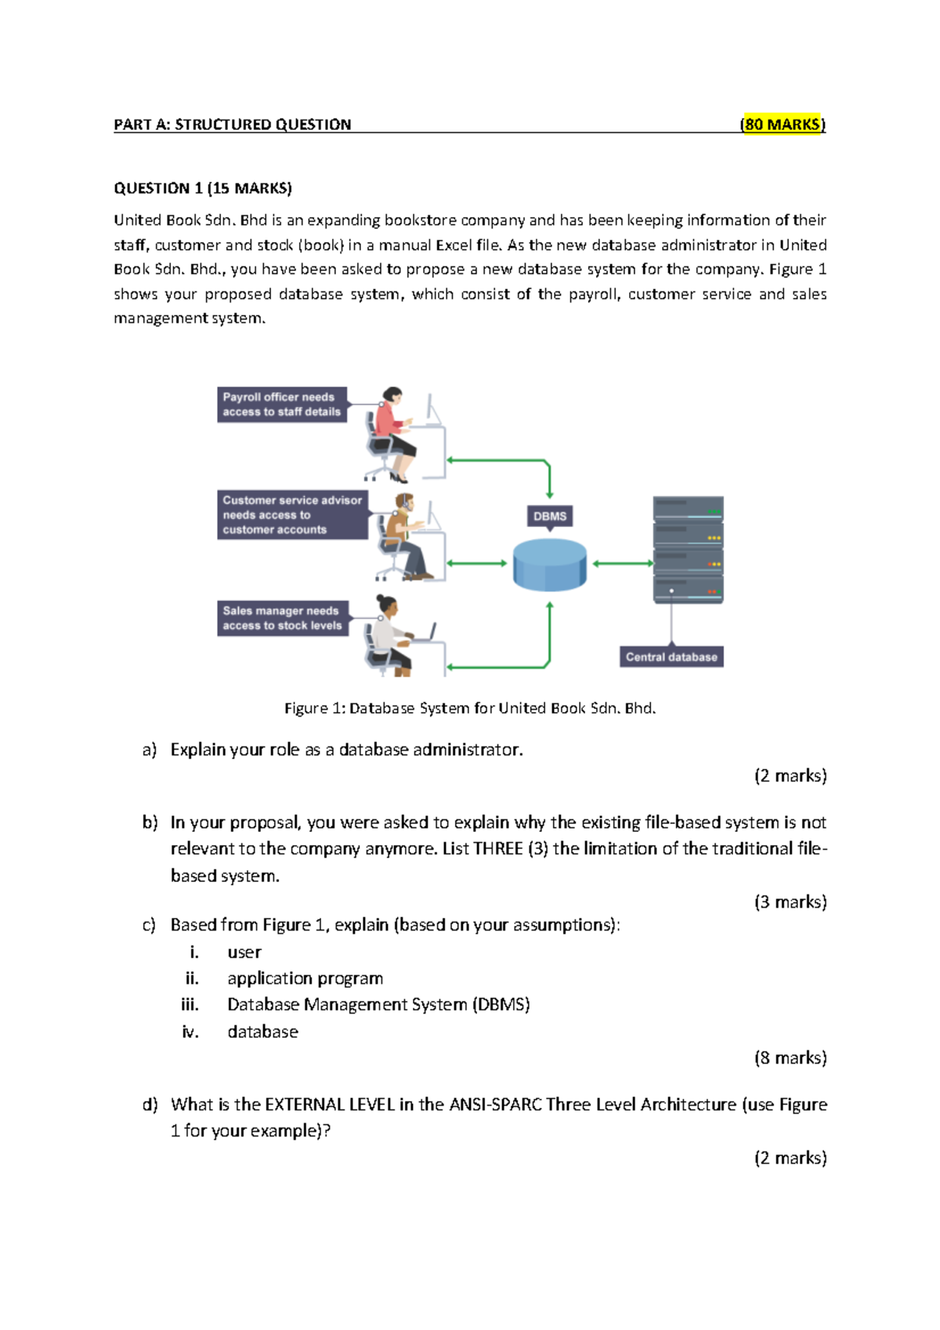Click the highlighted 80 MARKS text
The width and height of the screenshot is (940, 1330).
pyautogui.click(x=783, y=124)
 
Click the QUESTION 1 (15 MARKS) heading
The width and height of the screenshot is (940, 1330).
pyautogui.click(x=202, y=188)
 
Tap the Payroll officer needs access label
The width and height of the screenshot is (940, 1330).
pyautogui.click(x=281, y=404)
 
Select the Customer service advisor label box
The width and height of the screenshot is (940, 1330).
pyautogui.click(x=291, y=515)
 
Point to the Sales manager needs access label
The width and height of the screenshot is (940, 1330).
pyautogui.click(x=282, y=618)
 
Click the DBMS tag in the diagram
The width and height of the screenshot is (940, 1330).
pyautogui.click(x=549, y=516)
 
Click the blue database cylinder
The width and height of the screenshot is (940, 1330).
pyautogui.click(x=549, y=565)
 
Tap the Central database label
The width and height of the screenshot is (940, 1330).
pyautogui.click(x=671, y=657)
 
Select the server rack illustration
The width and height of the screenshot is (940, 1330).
pyautogui.click(x=688, y=549)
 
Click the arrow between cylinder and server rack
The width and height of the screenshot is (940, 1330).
pyautogui.click(x=623, y=563)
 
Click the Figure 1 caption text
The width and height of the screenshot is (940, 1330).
pyautogui.click(x=470, y=708)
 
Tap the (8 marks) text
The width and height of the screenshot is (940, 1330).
pyautogui.click(x=790, y=1057)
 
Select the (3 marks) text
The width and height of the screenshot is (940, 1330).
pyautogui.click(x=790, y=902)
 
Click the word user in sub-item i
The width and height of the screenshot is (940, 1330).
pyautogui.click(x=244, y=952)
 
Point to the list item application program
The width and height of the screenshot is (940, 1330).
pyautogui.click(x=305, y=978)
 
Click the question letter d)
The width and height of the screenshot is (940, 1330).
pyautogui.click(x=150, y=1104)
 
